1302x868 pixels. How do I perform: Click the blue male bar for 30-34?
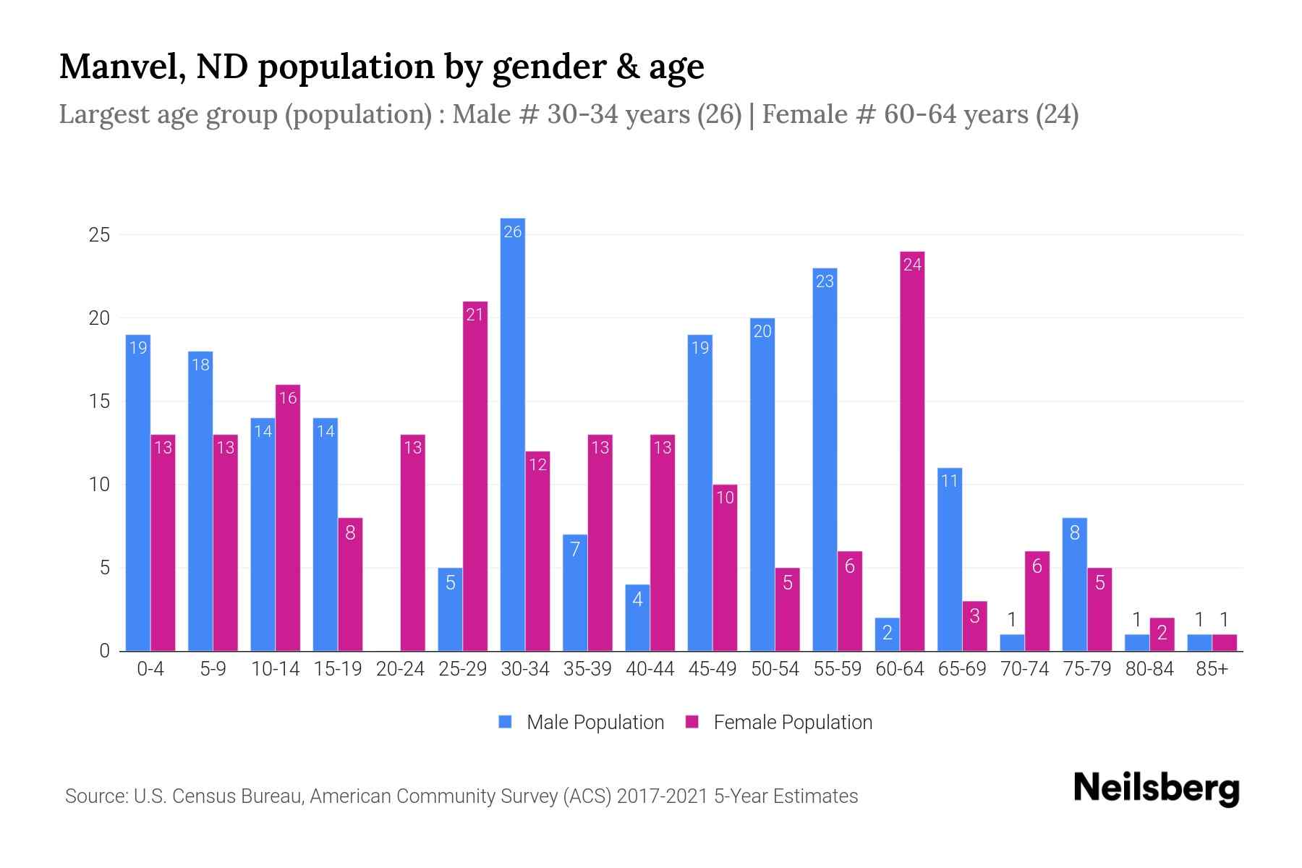tap(512, 434)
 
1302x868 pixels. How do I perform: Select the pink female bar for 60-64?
tap(912, 452)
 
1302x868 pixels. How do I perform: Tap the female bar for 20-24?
tap(412, 542)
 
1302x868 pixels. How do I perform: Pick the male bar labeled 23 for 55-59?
tap(825, 459)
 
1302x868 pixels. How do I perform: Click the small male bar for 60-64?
tap(887, 635)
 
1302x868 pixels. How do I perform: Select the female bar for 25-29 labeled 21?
tap(475, 476)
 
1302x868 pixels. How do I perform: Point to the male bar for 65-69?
tap(949, 559)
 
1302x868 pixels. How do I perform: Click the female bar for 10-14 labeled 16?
tap(288, 517)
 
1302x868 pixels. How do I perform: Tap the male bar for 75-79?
tap(1074, 584)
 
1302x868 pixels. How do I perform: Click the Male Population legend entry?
tap(582, 722)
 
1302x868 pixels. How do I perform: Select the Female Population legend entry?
tap(780, 722)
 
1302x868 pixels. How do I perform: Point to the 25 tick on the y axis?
tap(99, 235)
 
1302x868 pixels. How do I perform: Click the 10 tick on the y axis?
tap(99, 485)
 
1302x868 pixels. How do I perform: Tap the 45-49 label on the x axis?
tap(712, 669)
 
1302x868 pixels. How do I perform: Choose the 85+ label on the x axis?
tap(1212, 669)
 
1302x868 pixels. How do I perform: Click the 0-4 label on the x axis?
tap(150, 669)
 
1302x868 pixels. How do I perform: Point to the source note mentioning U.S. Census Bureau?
tap(461, 796)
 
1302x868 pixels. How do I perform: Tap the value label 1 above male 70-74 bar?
tap(1011, 620)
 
